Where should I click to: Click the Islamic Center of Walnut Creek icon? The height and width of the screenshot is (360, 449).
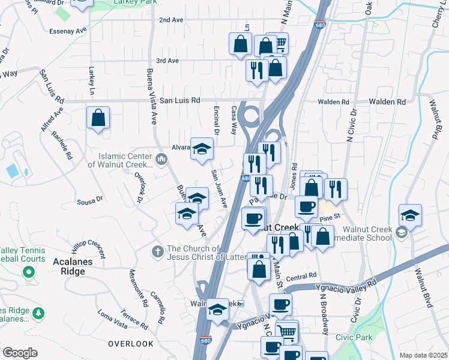tap(161, 159)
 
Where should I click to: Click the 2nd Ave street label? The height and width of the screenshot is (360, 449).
tap(170, 20)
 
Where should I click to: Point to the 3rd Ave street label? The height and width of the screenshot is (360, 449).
tap(167, 61)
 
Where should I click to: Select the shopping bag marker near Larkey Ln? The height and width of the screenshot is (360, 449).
tap(98, 118)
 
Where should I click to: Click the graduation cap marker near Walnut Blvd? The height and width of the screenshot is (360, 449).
tap(411, 215)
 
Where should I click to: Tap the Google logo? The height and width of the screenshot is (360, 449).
tap(20, 353)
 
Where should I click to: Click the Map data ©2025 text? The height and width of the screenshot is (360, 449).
tap(423, 355)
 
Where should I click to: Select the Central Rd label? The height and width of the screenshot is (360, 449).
tap(301, 277)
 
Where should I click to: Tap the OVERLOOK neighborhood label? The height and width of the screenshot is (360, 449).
tap(131, 344)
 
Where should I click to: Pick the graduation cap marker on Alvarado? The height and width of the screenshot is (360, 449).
tap(202, 149)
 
